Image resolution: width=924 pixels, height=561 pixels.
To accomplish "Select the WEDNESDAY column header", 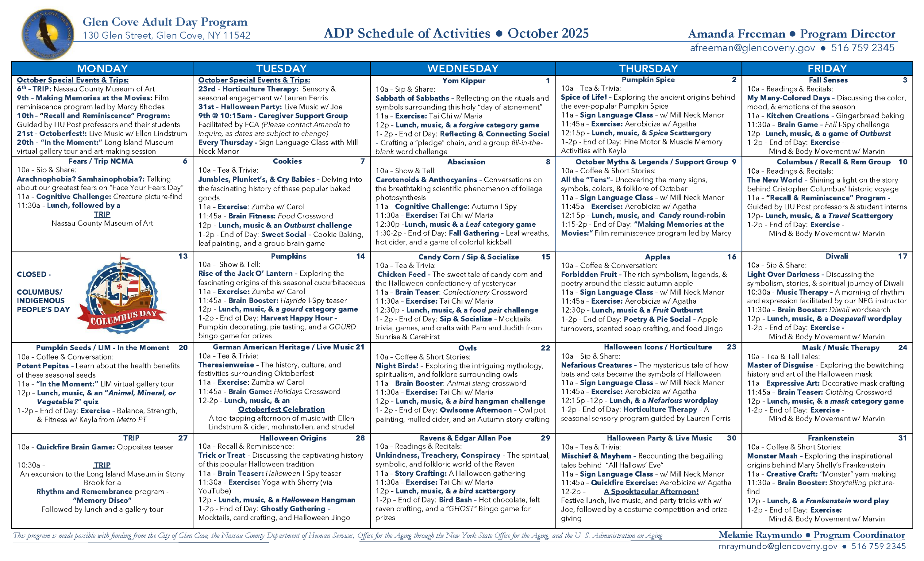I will [463, 69].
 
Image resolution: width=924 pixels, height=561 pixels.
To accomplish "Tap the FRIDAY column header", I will [827, 69].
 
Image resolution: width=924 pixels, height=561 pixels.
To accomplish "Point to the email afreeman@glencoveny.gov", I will [752, 48].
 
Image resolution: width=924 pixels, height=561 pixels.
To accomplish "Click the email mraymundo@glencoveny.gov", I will [778, 546].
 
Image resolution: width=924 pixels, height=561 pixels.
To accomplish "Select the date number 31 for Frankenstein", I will [902, 438].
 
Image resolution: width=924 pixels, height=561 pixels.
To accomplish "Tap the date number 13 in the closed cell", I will [183, 256].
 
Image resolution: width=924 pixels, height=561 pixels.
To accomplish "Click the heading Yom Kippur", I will [463, 81].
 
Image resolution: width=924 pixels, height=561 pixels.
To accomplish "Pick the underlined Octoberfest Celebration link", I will [281, 409].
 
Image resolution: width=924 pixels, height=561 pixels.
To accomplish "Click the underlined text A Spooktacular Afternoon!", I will [651, 492].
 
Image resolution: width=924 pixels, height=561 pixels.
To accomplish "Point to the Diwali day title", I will [837, 256].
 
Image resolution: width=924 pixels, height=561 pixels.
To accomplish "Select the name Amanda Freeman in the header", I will [737, 34].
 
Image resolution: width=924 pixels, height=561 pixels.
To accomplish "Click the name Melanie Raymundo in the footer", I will [760, 535].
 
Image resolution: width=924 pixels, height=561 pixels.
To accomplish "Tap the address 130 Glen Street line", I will [166, 36].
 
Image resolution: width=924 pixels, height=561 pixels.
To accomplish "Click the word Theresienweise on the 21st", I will [227, 365].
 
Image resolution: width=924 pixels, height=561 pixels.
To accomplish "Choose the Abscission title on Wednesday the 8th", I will [466, 162].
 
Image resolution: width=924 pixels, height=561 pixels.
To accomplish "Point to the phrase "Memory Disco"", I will [102, 501].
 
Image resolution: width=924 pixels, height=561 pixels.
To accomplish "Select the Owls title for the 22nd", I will [467, 348].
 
